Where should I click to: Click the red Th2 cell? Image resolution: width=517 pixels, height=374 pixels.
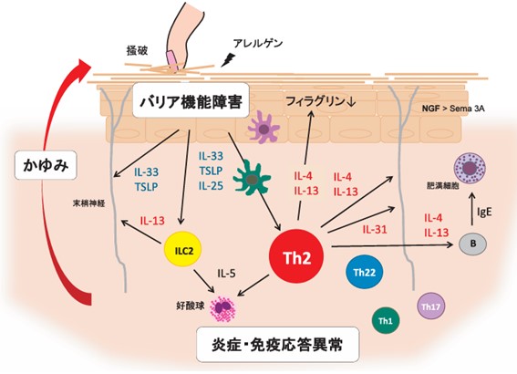[296, 256]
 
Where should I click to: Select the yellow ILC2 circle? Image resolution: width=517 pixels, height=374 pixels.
[182, 249]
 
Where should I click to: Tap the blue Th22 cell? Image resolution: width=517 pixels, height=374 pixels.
[365, 272]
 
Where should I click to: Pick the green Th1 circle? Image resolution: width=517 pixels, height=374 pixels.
[386, 320]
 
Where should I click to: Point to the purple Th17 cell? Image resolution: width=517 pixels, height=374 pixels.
[430, 306]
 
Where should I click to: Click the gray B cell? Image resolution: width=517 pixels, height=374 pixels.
[473, 244]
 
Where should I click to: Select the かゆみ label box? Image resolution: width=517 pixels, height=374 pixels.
[46, 165]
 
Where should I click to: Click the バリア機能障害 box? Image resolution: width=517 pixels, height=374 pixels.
[191, 100]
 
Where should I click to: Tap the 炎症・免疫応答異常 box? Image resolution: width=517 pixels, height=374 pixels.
[277, 345]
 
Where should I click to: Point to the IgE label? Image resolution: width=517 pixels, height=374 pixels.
[484, 212]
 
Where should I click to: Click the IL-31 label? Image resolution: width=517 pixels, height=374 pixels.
[375, 229]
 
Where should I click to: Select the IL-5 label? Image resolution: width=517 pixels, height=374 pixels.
[226, 273]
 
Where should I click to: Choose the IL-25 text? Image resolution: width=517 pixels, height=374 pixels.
[211, 186]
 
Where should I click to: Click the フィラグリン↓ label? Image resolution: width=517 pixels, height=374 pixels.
[321, 101]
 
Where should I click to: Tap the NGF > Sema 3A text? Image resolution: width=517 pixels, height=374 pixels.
[453, 109]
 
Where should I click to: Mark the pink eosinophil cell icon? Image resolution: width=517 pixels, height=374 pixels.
[223, 308]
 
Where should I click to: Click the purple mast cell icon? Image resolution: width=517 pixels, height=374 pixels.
[470, 168]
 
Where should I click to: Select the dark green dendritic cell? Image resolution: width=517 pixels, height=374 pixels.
[252, 179]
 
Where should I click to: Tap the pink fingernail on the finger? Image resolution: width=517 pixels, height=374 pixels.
[172, 61]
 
